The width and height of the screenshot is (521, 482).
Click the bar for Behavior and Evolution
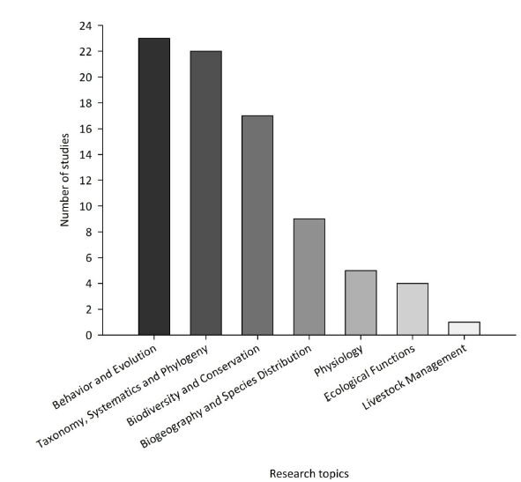153,187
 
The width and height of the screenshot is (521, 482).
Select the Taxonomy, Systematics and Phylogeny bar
205,193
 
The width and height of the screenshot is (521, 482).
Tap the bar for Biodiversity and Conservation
257,226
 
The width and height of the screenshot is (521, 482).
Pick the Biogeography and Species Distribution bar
309,277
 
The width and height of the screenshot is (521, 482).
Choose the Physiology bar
361,302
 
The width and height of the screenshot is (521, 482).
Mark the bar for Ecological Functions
412,309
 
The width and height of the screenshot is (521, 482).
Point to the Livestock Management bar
464,329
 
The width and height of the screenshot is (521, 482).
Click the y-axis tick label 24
86,26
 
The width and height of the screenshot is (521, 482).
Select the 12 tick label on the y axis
86,181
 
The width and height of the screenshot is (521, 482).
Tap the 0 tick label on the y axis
89,336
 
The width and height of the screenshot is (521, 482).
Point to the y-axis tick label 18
86,103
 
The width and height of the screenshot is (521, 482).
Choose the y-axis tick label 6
89,258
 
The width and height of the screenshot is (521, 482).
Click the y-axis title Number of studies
65,181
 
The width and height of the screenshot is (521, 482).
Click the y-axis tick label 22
86,52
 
